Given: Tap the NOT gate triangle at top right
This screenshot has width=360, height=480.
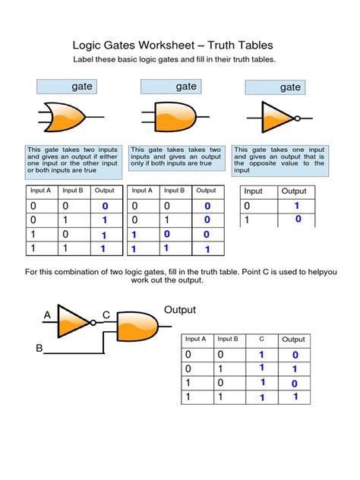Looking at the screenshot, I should pos(278,118).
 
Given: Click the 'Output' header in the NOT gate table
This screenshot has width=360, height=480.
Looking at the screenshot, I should pos(294,191).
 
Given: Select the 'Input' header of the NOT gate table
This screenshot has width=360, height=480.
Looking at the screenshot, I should pos(253,191).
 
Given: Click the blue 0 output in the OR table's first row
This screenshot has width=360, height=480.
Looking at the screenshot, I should pos(105,206).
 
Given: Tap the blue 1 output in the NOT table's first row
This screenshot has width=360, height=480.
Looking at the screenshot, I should pos(296,205).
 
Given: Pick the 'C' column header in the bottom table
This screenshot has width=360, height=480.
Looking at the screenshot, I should pos(261,339).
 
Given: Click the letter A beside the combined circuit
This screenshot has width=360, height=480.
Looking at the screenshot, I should pos(47,314).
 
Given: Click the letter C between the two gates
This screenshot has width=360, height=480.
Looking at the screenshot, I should pos(106,314).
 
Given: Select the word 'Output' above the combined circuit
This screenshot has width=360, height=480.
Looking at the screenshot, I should pos(180,310).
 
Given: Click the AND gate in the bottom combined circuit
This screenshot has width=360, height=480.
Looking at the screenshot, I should pos(136,327).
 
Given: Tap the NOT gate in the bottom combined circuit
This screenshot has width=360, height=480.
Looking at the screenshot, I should pos(75,321).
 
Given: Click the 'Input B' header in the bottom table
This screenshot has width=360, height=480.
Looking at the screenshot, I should pos(227,339).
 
